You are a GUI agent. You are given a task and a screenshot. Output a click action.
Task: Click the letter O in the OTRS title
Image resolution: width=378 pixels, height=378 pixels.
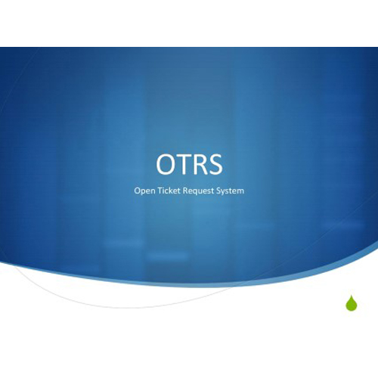pos(166,164)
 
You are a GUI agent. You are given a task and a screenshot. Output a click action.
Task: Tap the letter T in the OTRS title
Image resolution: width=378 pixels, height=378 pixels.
pos(182,164)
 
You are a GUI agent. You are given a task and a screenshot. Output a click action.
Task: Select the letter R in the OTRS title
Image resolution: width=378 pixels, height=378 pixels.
pos(200,164)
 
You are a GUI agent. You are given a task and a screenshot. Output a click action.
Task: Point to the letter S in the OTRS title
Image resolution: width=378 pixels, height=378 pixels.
pos(215,164)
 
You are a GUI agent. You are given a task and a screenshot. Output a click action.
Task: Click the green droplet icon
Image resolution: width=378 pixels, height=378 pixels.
pos(352,303)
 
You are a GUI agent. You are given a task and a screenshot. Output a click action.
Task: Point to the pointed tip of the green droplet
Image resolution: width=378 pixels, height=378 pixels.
pos(352,295)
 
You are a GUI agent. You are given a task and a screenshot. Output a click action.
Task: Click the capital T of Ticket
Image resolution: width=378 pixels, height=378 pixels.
pos(160,191)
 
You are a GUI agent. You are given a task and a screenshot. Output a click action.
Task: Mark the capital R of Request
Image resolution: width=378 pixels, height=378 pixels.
pos(185,191)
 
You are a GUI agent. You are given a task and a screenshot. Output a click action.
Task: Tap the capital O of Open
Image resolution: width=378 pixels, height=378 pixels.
pos(137,191)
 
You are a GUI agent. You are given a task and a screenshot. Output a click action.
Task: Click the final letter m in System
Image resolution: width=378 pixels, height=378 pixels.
pos(240,191)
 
